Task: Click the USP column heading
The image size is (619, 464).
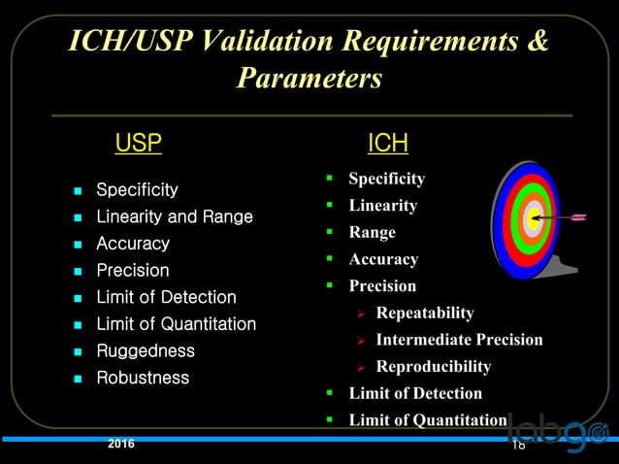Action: (138, 145)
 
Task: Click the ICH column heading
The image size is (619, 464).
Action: (387, 145)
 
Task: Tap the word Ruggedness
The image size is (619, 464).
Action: (145, 350)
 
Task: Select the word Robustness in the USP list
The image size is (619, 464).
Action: (143, 378)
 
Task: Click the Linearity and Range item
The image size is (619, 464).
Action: (174, 216)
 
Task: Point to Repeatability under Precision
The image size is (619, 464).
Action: (425, 313)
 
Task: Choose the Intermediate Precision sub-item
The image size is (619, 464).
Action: (459, 340)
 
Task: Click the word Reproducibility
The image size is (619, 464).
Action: (433, 367)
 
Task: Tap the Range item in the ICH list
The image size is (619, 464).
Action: (373, 233)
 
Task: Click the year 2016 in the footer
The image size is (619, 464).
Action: (121, 445)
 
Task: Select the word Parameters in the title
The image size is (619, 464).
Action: (309, 78)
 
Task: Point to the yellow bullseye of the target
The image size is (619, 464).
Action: (532, 218)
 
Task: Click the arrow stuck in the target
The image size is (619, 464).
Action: (567, 216)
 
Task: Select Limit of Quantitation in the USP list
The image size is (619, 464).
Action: (176, 324)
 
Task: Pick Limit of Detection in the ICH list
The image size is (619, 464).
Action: (415, 393)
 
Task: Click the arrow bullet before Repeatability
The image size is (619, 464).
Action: (359, 314)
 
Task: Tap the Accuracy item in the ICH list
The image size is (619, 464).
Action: (383, 259)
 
